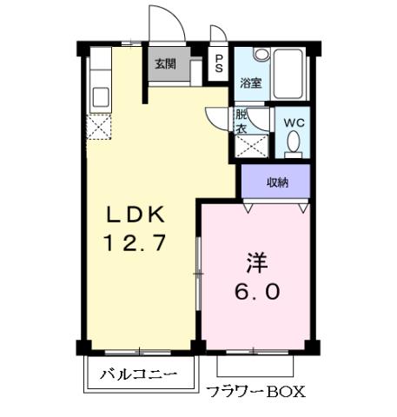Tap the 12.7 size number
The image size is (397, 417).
pos(136,244)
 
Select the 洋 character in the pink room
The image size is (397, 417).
pos(255,261)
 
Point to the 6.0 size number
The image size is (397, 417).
pos(255,292)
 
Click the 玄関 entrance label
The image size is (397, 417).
pos(165,63)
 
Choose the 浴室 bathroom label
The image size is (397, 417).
pos(251,83)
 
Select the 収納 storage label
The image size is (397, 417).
pos(276,182)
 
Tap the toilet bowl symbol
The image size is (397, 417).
pos(294,142)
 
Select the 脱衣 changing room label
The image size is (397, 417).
pos(242,121)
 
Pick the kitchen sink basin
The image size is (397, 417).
pos(99,96)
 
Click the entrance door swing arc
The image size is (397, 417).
pos(168,22)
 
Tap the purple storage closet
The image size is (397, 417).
pos(276,182)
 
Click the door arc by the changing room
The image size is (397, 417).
pos(215,119)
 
